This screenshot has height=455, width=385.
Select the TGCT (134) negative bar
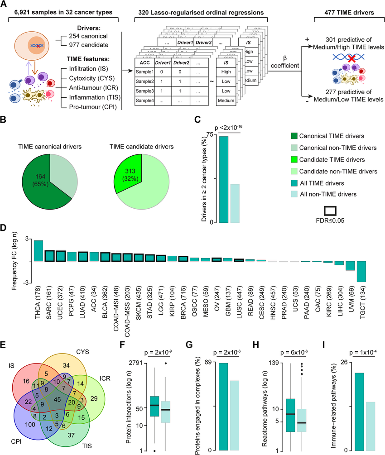361,271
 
